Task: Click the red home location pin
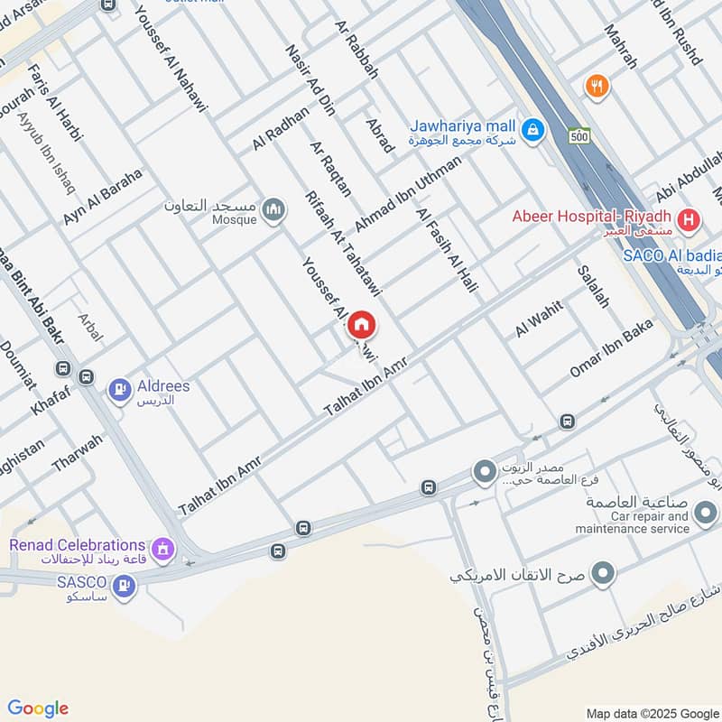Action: (x=362, y=325)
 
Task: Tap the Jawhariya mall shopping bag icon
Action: (x=533, y=130)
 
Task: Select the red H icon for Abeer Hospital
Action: (x=690, y=218)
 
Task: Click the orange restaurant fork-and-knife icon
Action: (x=596, y=87)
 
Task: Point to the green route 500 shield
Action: (x=579, y=136)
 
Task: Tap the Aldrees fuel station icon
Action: (x=118, y=390)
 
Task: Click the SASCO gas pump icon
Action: (x=125, y=587)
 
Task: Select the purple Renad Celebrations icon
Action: (x=163, y=547)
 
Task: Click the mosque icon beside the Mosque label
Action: (x=275, y=210)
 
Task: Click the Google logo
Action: (x=38, y=708)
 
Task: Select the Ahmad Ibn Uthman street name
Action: (x=407, y=192)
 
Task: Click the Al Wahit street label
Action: (x=540, y=319)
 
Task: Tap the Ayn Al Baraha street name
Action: (x=103, y=198)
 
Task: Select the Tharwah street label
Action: (x=77, y=455)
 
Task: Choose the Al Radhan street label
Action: (x=281, y=129)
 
